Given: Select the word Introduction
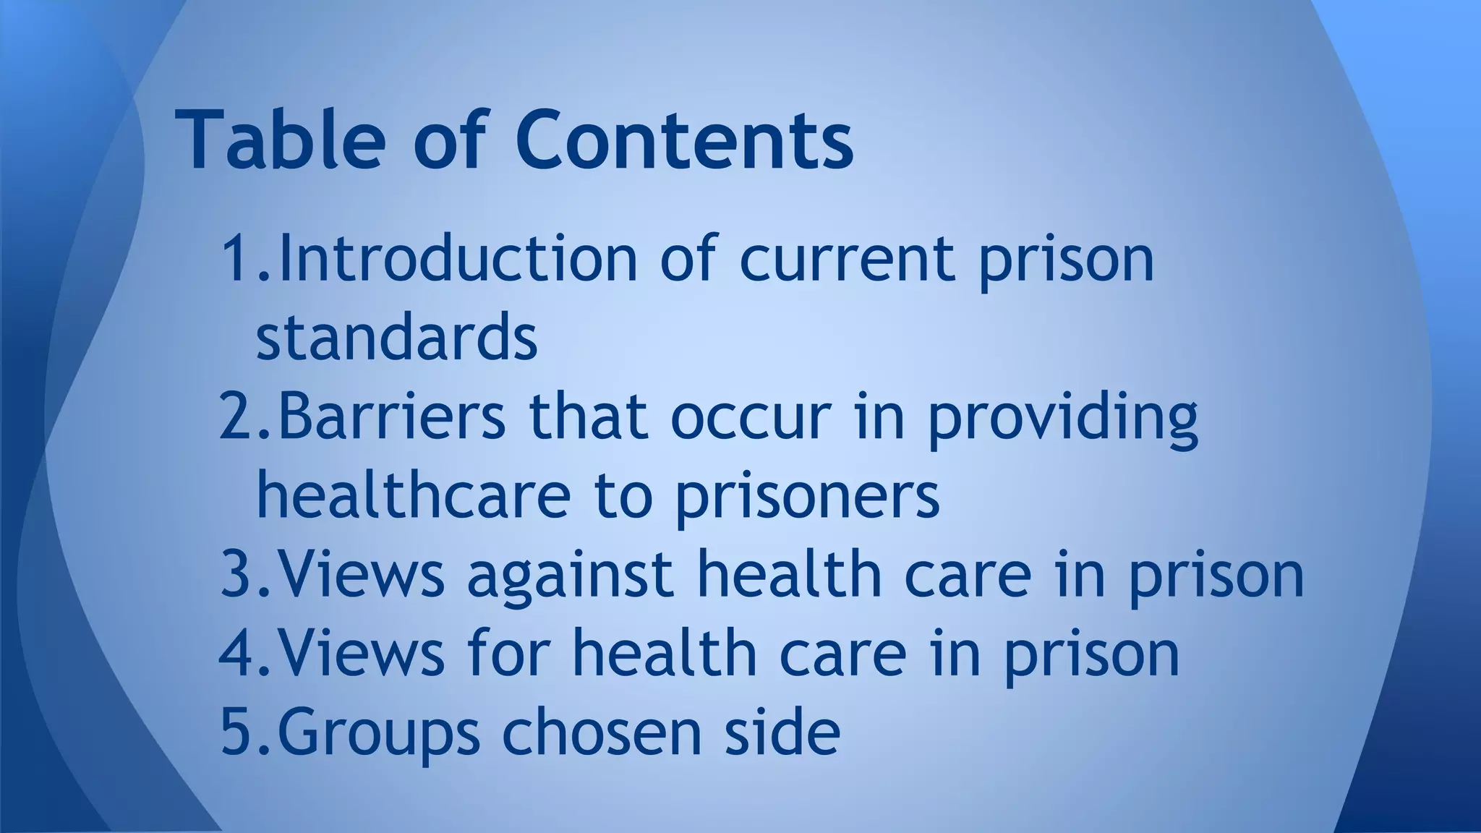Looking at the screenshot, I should tap(458, 259).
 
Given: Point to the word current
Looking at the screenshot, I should tap(847, 259).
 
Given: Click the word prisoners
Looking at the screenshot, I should tap(808, 497).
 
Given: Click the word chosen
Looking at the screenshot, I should tap(602, 732).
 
